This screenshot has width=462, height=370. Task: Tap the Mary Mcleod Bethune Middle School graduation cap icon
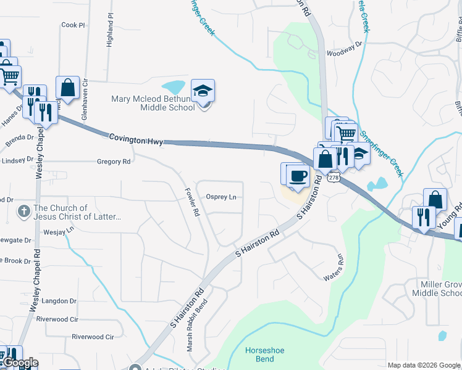(x=203, y=91)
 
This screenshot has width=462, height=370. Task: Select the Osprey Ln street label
(x=221, y=197)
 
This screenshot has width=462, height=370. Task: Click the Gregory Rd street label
(x=114, y=162)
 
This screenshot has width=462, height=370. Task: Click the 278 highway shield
(x=334, y=178)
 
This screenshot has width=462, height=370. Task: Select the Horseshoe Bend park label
(x=264, y=355)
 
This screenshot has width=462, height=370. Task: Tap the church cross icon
(x=23, y=212)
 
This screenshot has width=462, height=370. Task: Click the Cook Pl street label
(x=73, y=25)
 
